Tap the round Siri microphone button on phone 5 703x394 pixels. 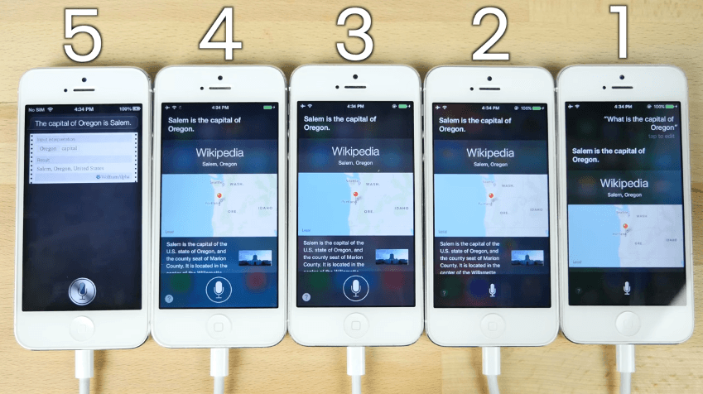[x=83, y=291]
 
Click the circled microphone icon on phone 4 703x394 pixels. [x=219, y=290]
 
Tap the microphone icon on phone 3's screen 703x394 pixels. [x=356, y=289]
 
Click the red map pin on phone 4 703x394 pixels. [x=219, y=196]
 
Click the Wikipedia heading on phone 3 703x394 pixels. [x=356, y=152]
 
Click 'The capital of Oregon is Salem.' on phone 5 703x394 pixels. [x=84, y=123]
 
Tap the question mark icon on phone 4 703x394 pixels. [x=169, y=297]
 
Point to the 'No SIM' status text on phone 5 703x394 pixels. [x=36, y=109]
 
